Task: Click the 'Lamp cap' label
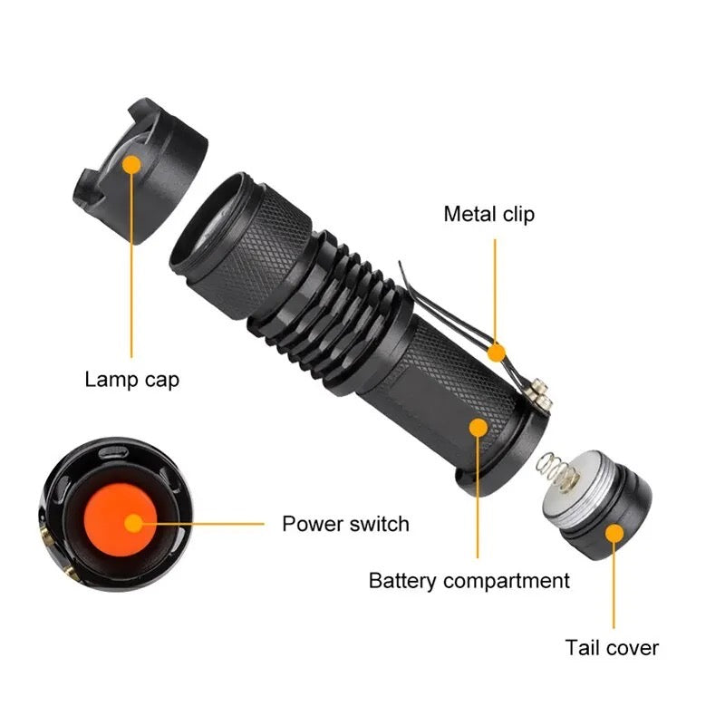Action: [131, 379]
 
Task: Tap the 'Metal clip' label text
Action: [488, 214]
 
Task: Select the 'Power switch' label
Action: [345, 524]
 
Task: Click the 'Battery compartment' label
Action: [469, 580]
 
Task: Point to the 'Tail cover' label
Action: [612, 647]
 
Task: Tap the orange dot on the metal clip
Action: [495, 350]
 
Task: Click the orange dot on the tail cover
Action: [614, 533]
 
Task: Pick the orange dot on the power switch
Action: [134, 523]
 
